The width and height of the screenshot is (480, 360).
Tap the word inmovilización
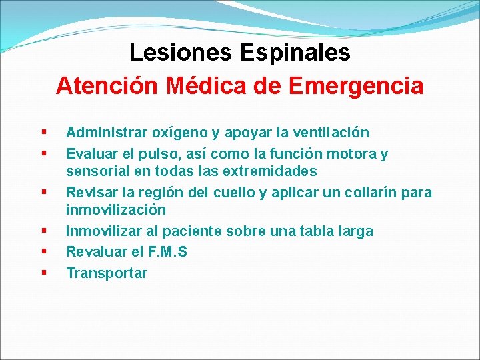click(x=115, y=210)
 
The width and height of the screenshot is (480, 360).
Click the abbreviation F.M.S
click(x=167, y=252)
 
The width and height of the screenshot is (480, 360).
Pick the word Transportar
click(x=107, y=273)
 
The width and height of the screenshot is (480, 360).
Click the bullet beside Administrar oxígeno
click(x=44, y=133)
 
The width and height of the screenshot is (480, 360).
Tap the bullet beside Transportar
click(x=44, y=273)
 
